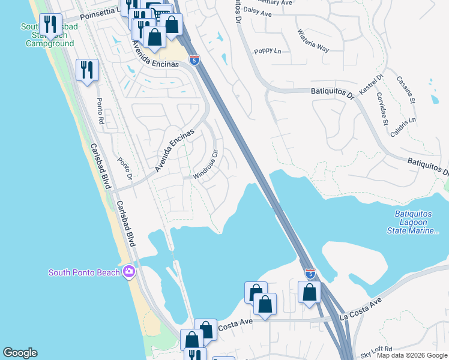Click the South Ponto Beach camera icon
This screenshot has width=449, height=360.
(128, 273)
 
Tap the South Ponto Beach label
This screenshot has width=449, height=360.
(84, 273)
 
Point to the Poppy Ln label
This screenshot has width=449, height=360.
(268, 52)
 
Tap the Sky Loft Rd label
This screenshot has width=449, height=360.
(376, 349)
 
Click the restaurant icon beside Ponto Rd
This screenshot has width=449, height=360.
(87, 70)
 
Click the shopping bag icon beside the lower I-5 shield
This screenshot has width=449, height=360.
(310, 292)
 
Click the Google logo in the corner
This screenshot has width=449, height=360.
(20, 353)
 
